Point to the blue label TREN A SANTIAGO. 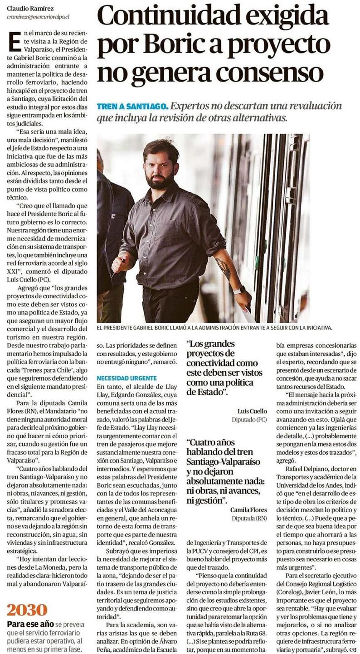(132, 107)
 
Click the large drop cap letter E (14, 41)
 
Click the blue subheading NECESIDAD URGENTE (126, 378)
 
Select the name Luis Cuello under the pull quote (252, 411)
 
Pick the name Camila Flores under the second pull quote (248, 509)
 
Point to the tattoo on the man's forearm (223, 268)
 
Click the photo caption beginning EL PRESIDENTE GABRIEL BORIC (214, 326)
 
